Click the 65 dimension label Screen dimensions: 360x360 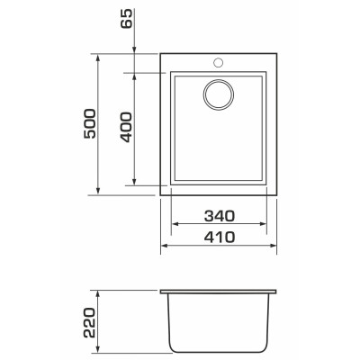[126, 19]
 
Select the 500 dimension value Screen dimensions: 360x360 [90, 123]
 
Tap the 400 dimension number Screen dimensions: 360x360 [126, 127]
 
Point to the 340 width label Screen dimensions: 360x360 [220, 216]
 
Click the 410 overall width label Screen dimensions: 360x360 [220, 238]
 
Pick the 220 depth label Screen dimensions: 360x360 [90, 322]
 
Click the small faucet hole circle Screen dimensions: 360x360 [218, 63]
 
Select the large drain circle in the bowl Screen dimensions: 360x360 [219, 94]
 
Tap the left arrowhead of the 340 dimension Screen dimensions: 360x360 [175, 224]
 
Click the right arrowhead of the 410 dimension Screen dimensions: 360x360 [273, 246]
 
